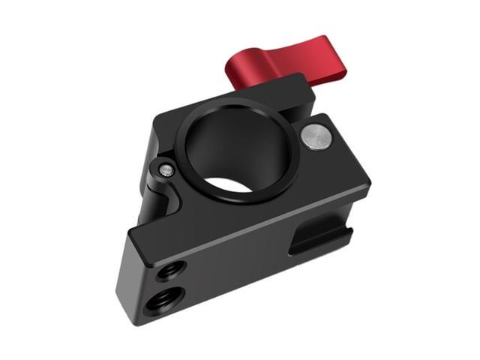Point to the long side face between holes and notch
coord(240,270)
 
